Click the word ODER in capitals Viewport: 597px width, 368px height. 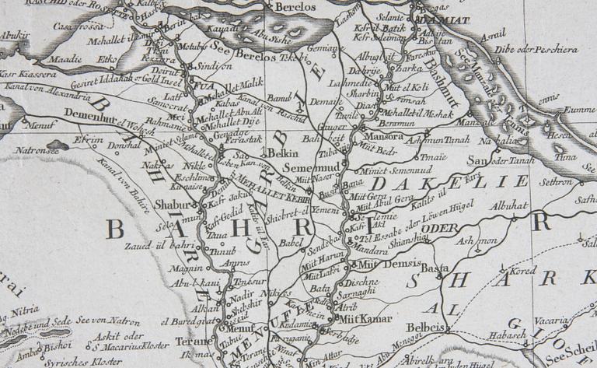tap(444, 227)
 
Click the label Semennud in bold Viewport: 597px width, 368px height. tap(303, 168)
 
